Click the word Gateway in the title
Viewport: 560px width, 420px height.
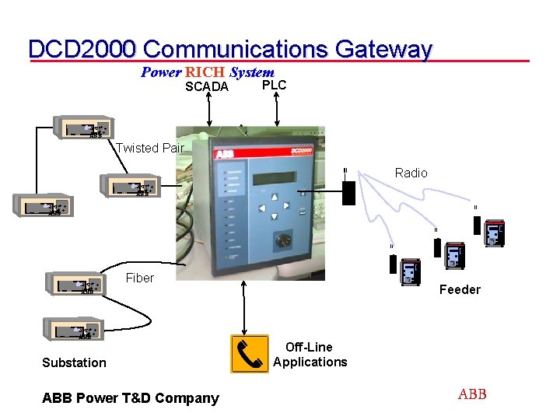click(x=383, y=49)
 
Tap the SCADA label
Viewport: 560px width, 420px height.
click(x=207, y=87)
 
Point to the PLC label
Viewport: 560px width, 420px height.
click(x=274, y=85)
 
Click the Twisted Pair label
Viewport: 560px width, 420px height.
click(x=150, y=148)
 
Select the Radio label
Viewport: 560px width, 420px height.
click(x=411, y=173)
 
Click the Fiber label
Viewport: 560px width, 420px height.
click(x=140, y=278)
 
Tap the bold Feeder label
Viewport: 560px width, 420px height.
click(x=460, y=289)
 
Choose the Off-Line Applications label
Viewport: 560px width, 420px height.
click(x=310, y=355)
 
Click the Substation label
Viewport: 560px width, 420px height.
click(x=74, y=362)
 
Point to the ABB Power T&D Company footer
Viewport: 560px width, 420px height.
click(x=131, y=398)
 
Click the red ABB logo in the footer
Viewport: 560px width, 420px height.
click(x=472, y=394)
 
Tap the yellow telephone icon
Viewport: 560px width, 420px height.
click(x=250, y=354)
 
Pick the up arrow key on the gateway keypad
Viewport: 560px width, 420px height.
click(x=275, y=198)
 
